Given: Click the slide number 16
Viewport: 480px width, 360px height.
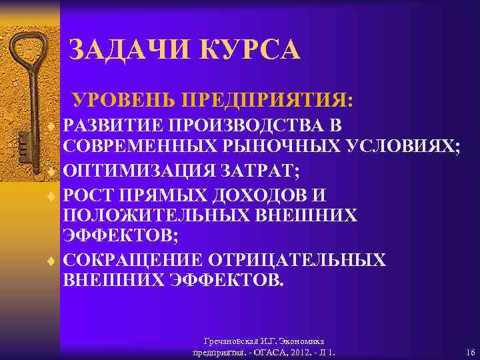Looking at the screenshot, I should coord(470,352).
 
